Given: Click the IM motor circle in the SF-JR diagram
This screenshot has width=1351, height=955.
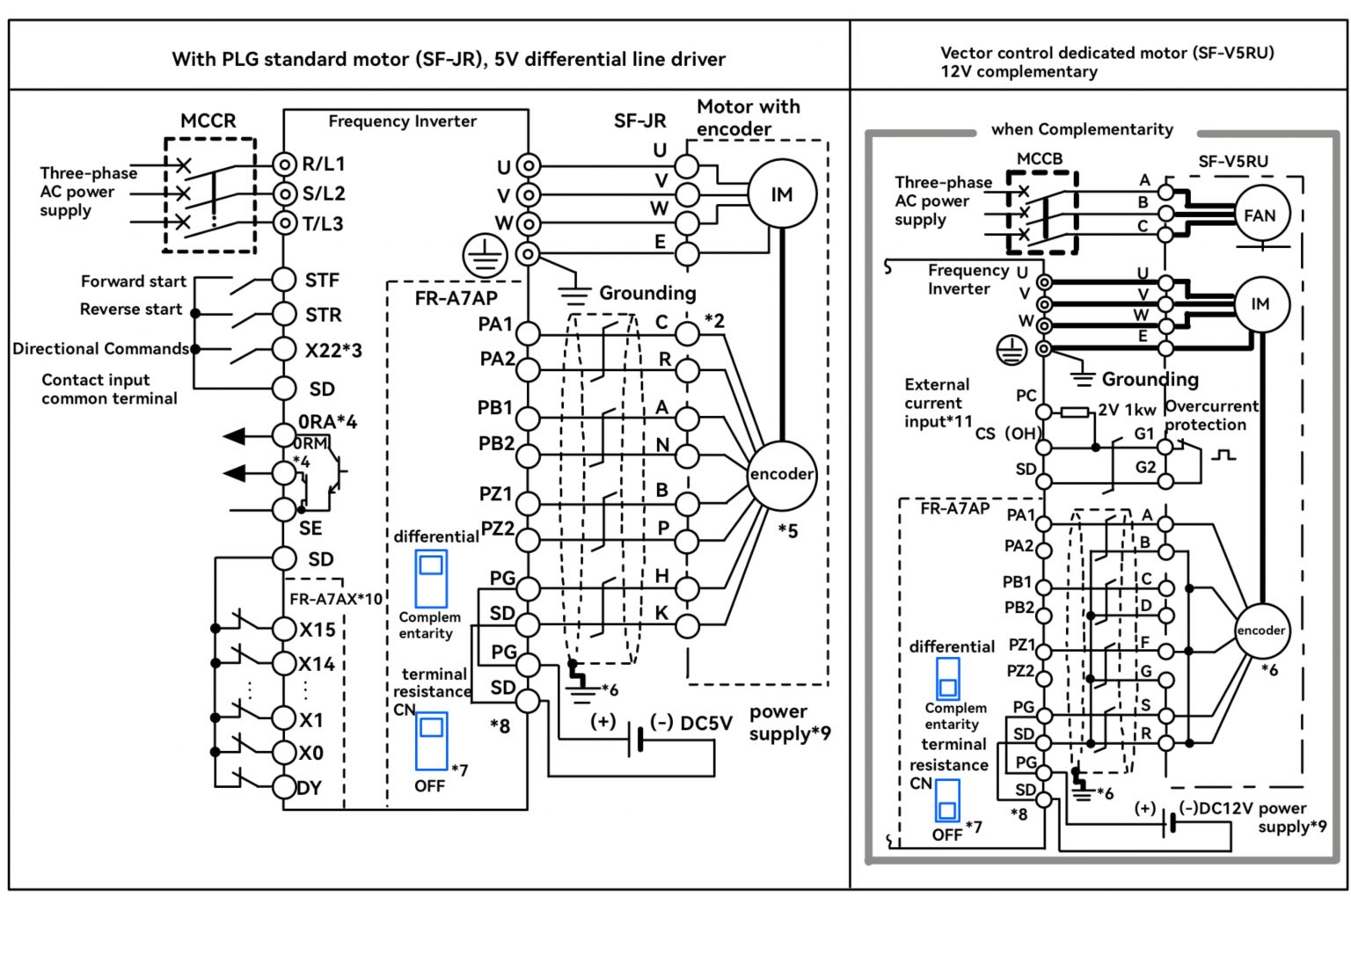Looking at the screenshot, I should [x=781, y=194].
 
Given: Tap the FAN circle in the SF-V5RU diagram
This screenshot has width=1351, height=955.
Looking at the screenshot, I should [x=1259, y=215].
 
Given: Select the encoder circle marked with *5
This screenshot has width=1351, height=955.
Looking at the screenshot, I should [x=781, y=474].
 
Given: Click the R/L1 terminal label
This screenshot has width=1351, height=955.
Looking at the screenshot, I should [x=323, y=164].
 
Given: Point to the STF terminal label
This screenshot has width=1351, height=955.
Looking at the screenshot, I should [x=322, y=280].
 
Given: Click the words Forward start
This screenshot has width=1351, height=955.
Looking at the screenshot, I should [x=134, y=281].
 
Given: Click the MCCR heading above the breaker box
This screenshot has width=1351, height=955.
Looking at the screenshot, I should [x=208, y=120].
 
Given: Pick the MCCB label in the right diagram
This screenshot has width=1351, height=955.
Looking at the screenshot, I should [x=1040, y=159].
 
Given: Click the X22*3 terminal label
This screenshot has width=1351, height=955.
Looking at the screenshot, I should [x=333, y=350].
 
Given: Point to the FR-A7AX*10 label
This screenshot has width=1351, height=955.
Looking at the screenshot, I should [x=336, y=599].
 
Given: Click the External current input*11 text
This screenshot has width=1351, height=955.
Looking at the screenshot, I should [x=938, y=403].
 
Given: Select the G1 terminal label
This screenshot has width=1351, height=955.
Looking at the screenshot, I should [x=1143, y=434].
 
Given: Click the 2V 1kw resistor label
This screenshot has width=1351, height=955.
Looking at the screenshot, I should [x=1127, y=410].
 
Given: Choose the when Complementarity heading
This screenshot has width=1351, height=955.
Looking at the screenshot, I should [x=1082, y=129].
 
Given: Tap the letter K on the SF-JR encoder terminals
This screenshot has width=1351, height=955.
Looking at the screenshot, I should [x=661, y=612].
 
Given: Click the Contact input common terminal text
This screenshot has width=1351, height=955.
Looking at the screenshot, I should [x=109, y=389].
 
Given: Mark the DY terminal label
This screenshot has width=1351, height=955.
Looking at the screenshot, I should [x=310, y=788].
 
